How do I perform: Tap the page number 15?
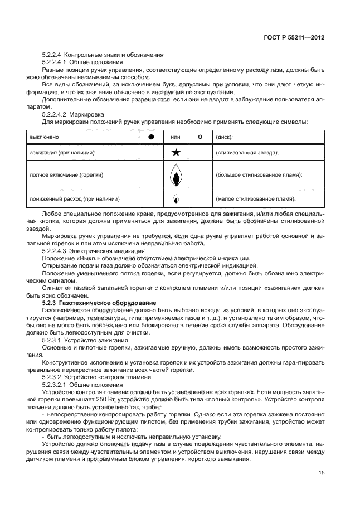pyautogui.click(x=321, y=472)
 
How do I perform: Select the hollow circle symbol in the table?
pyautogui.click(x=200, y=137)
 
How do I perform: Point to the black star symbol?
pyautogui.click(x=175, y=152)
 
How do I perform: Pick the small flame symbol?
pyautogui.click(x=175, y=198)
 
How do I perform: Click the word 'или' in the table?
pyautogui.click(x=175, y=137)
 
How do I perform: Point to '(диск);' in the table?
pyautogui.click(x=224, y=137)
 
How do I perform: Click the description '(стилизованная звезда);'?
pyautogui.click(x=246, y=152)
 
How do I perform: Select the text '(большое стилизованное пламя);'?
pyautogui.click(x=258, y=175)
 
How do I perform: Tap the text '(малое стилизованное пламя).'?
pyautogui.click(x=255, y=198)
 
